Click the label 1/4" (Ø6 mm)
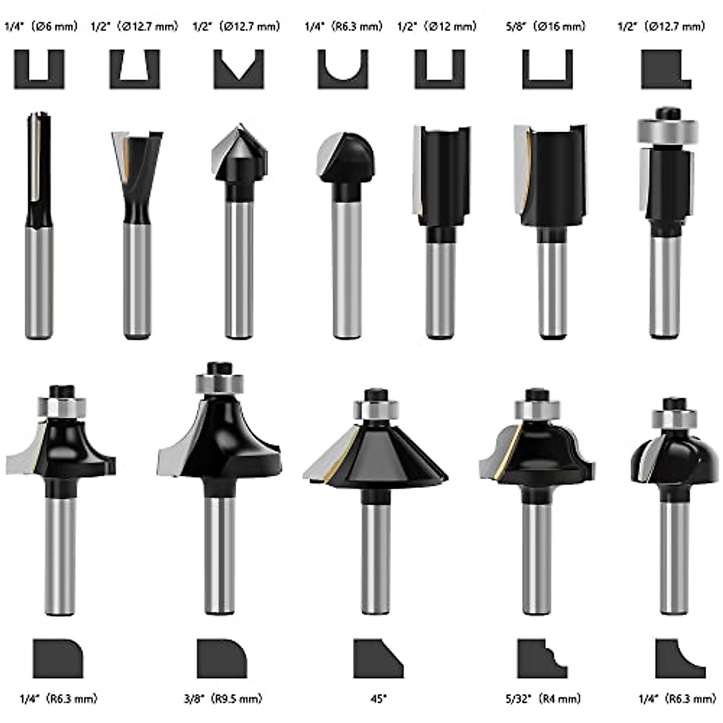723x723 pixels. (41, 27)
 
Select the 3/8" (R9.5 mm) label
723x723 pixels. (223, 699)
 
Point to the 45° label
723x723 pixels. (379, 699)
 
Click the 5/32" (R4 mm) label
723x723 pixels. (542, 699)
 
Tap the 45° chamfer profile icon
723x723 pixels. (378, 659)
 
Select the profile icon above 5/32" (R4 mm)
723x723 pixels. (542, 659)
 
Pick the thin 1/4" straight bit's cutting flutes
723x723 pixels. (38, 163)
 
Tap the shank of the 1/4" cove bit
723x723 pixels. (675, 554)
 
